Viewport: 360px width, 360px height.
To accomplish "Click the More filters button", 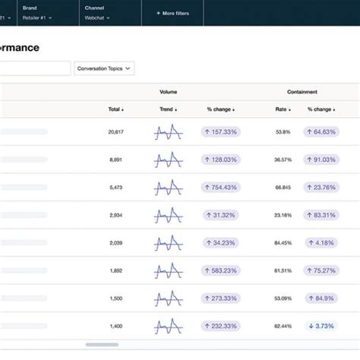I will (172, 13).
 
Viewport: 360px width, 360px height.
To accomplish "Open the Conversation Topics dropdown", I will (105, 68).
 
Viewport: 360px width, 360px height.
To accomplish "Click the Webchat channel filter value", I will (95, 17).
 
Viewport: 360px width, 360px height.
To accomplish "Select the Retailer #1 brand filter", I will (37, 17).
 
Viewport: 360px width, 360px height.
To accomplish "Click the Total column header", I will (115, 109).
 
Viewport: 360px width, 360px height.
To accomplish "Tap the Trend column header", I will (168, 109).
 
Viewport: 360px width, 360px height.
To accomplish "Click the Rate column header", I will (283, 109).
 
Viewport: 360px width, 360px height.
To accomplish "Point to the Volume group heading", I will (168, 92).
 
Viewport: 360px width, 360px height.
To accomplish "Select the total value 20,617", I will (116, 132).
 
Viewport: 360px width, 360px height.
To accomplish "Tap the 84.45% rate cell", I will (283, 243).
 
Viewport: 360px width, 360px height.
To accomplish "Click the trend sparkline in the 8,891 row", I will (168, 159).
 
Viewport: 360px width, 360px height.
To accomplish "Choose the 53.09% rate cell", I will (283, 298).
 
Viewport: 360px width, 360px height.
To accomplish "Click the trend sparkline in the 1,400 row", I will (168, 326).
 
